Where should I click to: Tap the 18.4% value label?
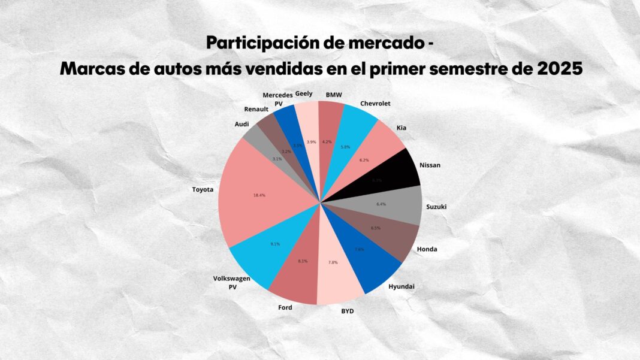coord(259,195)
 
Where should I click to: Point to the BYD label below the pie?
coord(347,311)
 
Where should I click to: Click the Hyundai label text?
coord(401,286)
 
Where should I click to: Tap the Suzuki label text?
coord(436,207)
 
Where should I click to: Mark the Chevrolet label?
coord(375,104)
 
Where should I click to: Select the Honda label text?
coord(427,249)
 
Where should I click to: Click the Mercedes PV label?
coord(278,99)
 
